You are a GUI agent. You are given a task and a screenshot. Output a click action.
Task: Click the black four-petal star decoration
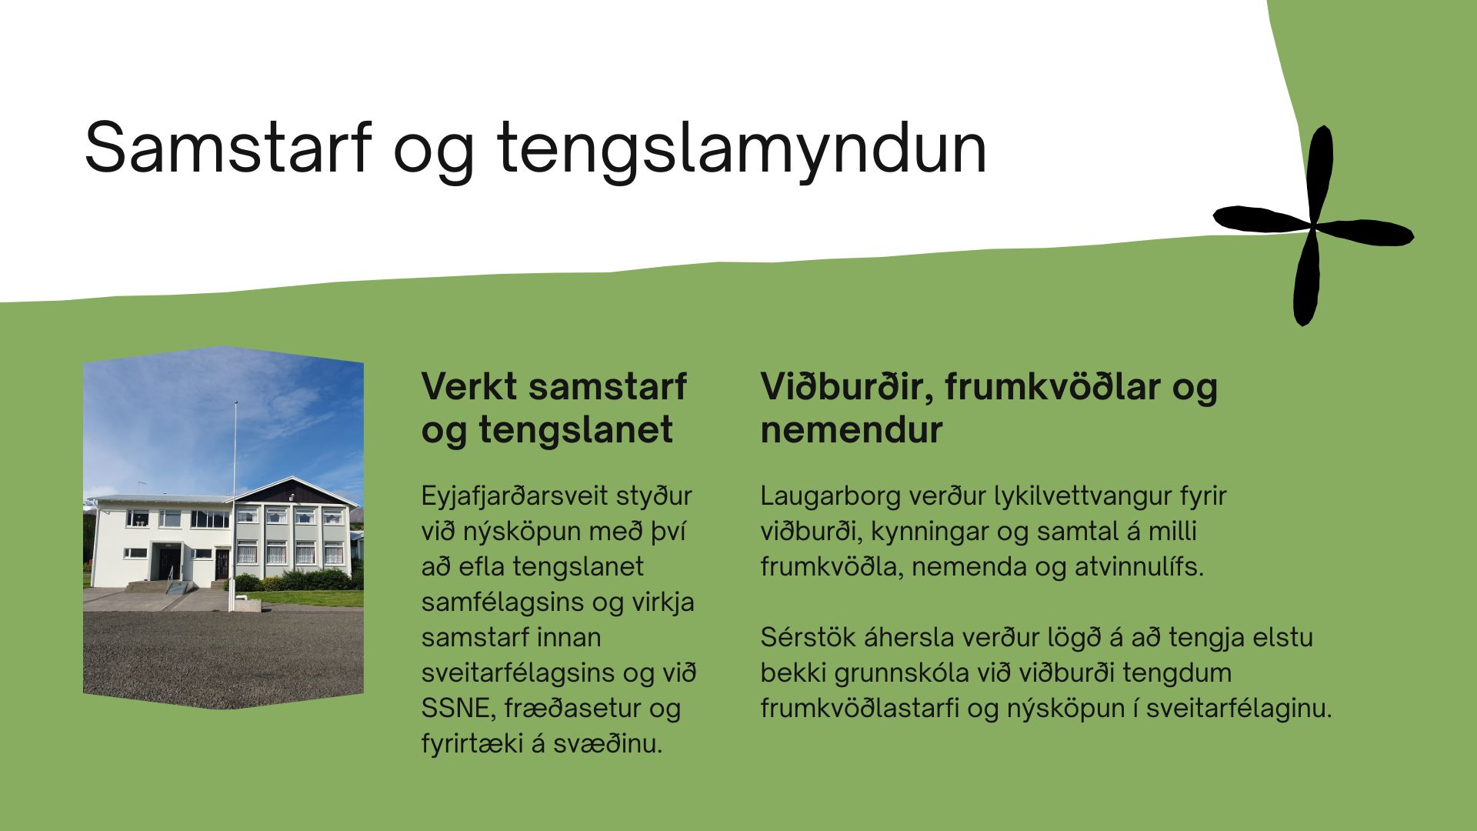tap(1313, 226)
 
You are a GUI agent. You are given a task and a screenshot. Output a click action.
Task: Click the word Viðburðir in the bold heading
tap(847, 386)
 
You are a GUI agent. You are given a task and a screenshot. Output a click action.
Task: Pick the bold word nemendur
tap(851, 430)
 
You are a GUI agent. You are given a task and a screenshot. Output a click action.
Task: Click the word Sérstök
tap(807, 638)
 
